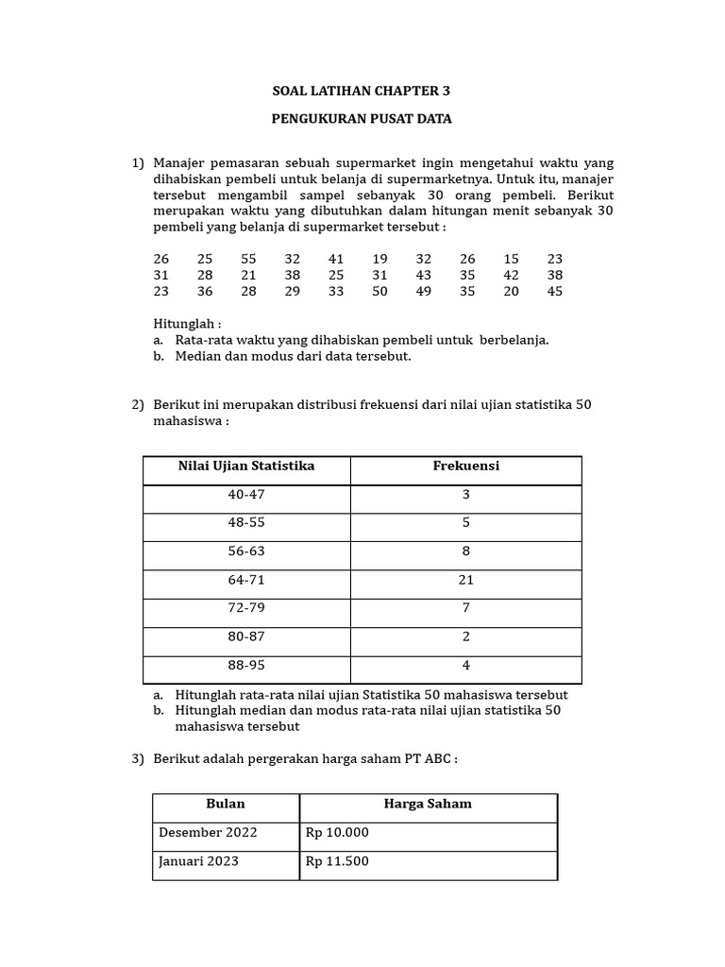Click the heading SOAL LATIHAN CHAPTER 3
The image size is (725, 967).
click(x=362, y=92)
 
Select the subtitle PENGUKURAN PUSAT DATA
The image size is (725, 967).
click(x=362, y=119)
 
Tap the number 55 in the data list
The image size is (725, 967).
click(x=248, y=259)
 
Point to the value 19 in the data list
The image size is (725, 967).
click(x=379, y=259)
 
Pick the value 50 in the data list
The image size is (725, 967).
click(x=379, y=291)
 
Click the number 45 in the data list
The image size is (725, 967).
click(x=554, y=291)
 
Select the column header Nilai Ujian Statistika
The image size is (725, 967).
click(x=246, y=467)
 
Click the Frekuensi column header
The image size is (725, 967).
click(x=466, y=467)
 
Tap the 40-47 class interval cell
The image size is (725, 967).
click(x=246, y=495)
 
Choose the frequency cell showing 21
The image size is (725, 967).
click(x=466, y=580)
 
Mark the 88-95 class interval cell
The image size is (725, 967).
click(x=246, y=665)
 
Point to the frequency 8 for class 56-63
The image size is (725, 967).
click(x=466, y=551)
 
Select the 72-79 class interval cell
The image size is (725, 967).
click(x=246, y=608)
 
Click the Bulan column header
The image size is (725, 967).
click(x=226, y=804)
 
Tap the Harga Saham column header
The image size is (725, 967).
click(x=428, y=804)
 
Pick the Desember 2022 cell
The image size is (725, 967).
click(x=208, y=833)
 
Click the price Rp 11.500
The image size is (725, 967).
click(x=337, y=861)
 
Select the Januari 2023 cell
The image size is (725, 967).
click(x=198, y=861)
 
